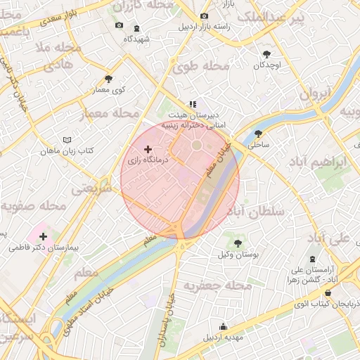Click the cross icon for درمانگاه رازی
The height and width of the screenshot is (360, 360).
pyautogui.click(x=148, y=149)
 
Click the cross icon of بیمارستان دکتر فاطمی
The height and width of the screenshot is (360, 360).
pyautogui.click(x=44, y=237)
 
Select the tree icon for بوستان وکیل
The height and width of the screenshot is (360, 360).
pyautogui.click(x=238, y=243)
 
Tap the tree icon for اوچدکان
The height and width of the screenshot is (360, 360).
pyautogui.click(x=266, y=54)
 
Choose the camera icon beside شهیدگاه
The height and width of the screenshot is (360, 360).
pyautogui.click(x=119, y=26)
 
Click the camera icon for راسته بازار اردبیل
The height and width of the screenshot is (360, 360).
pyautogui.click(x=205, y=16)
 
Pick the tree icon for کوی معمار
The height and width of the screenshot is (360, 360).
pyautogui.click(x=108, y=79)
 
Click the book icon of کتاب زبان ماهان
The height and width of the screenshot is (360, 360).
pyautogui.click(x=67, y=140)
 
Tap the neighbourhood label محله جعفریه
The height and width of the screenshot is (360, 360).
pyautogui.click(x=218, y=286)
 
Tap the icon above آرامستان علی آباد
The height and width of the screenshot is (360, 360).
pyautogui.click(x=313, y=260)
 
